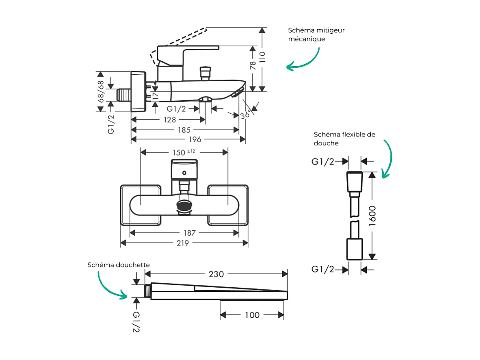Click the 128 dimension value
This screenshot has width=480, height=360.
[x=170, y=120]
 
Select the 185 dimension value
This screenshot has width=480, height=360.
[x=184, y=130]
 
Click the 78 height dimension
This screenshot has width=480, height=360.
[x=253, y=65]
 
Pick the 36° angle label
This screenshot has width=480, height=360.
[x=245, y=115]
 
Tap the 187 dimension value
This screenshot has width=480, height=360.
[x=189, y=233]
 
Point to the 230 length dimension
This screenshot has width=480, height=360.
[x=216, y=274]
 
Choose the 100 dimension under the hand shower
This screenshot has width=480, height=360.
[x=252, y=315]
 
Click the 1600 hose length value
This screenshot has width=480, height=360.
[x=372, y=216]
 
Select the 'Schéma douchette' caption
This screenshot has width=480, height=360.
[x=119, y=265]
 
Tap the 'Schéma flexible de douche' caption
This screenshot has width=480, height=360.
[x=344, y=139]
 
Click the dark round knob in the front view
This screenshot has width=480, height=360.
[x=184, y=206]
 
